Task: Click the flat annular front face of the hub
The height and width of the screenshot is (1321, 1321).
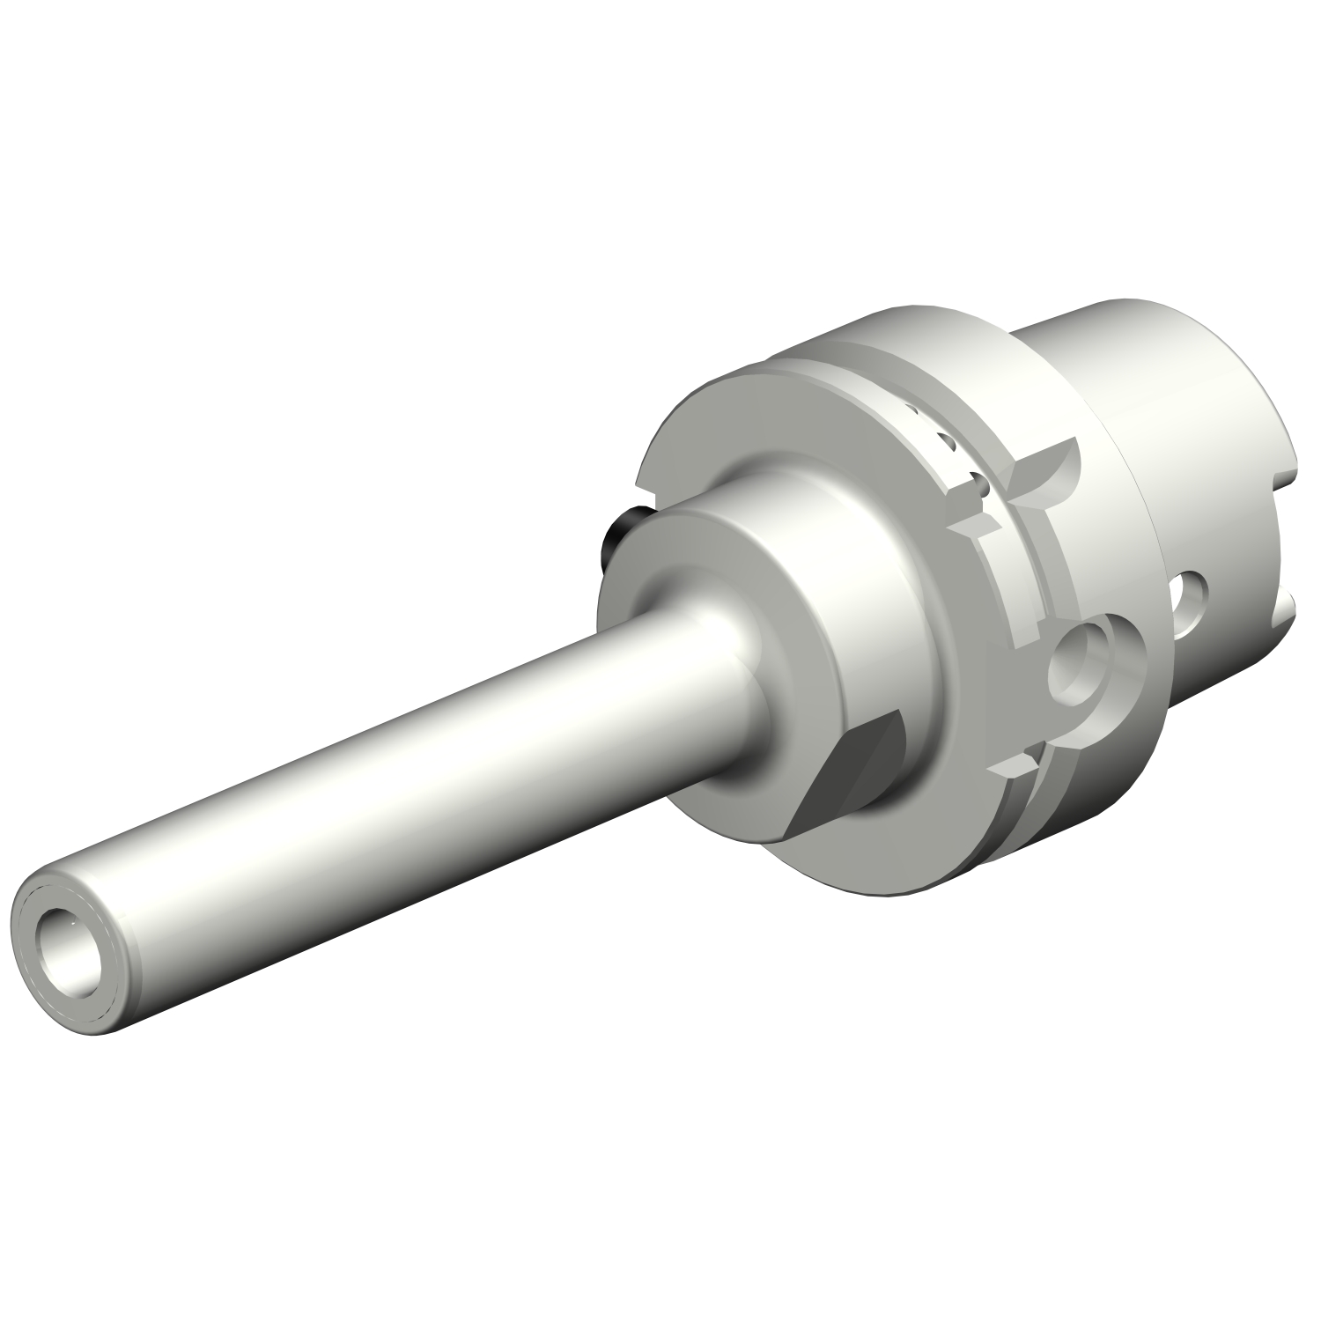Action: (669, 564)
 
